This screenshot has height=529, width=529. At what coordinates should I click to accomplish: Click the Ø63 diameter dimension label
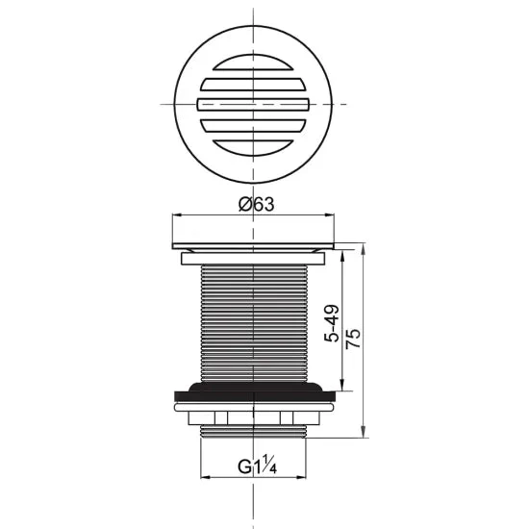[257, 204]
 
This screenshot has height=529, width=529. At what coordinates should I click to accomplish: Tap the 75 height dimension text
[353, 339]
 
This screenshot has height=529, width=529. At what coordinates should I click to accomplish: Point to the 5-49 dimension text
[332, 323]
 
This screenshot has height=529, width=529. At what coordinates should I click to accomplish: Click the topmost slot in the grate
[253, 63]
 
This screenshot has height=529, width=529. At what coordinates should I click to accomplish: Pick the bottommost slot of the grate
[253, 148]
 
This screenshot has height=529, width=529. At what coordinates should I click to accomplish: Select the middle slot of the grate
[253, 104]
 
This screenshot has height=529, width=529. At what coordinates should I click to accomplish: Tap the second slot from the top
[253, 85]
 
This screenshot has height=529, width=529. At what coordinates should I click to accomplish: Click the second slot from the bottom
[253, 125]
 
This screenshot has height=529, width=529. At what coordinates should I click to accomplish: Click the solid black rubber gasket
[255, 393]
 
